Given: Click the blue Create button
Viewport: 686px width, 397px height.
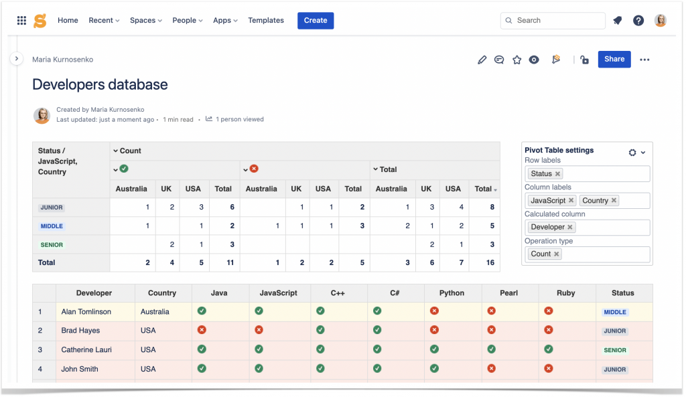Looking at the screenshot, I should click(x=316, y=21).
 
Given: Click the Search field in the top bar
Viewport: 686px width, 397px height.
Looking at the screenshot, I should click(x=553, y=21).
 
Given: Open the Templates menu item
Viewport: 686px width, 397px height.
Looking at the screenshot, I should click(x=266, y=21).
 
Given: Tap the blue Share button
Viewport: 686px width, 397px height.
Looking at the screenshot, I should click(x=614, y=59).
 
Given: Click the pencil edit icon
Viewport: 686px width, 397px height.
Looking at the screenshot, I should click(x=482, y=60).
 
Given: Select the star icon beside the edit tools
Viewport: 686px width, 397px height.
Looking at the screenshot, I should click(x=517, y=60).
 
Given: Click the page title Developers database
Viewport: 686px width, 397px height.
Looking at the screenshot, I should click(x=100, y=85).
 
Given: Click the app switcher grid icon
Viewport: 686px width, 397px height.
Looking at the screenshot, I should click(x=21, y=21).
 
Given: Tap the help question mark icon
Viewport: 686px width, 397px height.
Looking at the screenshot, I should click(x=638, y=21).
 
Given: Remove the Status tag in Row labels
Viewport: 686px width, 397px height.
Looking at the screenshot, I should click(x=557, y=174).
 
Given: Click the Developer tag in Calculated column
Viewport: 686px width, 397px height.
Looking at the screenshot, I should click(x=548, y=227).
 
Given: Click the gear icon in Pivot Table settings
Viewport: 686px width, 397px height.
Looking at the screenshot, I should click(x=632, y=153).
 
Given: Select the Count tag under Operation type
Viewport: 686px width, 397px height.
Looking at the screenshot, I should click(x=541, y=254).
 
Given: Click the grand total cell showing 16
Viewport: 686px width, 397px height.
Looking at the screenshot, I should click(x=490, y=262).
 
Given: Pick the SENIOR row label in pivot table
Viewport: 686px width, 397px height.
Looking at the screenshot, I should click(x=52, y=245).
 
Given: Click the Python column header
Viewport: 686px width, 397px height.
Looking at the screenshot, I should click(x=452, y=293).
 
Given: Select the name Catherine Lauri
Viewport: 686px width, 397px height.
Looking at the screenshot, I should click(x=86, y=349).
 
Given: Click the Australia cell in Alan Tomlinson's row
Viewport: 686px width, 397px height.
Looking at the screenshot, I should click(x=155, y=311).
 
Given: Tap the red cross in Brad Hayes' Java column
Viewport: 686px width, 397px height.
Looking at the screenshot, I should click(x=202, y=330).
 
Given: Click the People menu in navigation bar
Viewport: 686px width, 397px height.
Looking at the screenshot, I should click(x=188, y=21).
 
